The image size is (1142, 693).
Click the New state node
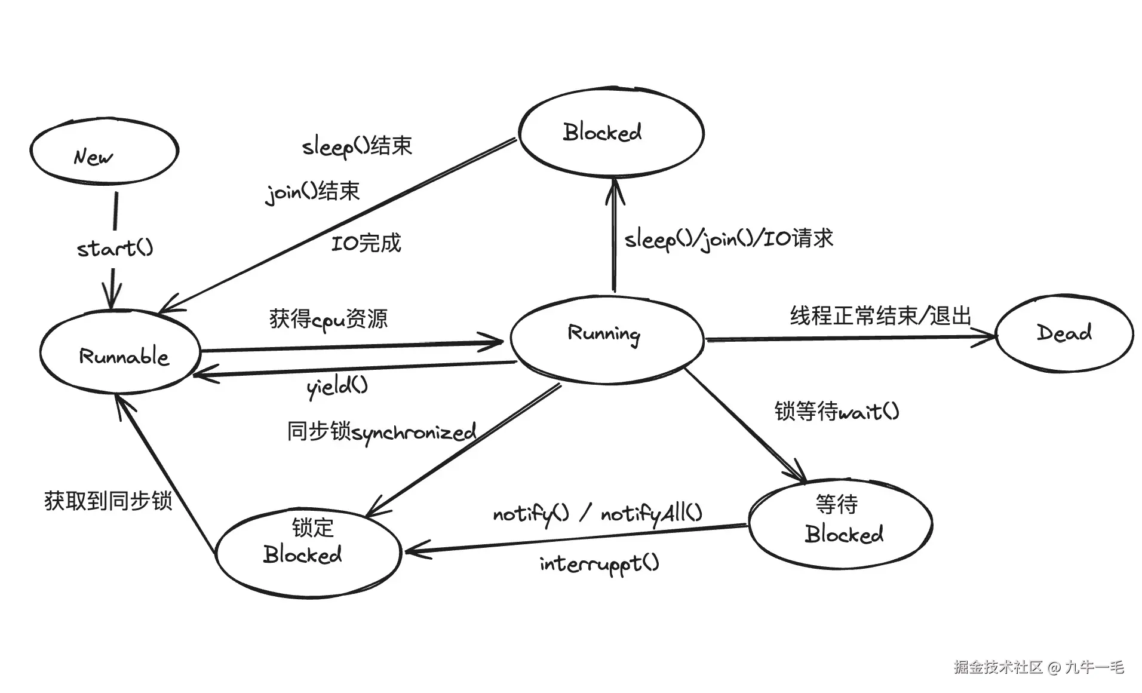point(104,151)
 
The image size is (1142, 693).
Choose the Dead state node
point(1064,333)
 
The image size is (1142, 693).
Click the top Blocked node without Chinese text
point(610,132)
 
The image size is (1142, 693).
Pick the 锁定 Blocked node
point(307,553)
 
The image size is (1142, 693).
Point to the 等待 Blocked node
point(840,523)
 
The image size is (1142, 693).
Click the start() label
point(115,247)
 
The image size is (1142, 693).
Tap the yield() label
point(337,387)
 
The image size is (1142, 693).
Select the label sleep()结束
point(357,145)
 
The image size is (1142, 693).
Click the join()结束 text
point(312,192)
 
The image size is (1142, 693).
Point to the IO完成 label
point(366,243)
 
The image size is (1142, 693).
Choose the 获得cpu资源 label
point(329,318)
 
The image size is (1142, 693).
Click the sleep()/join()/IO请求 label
point(728,239)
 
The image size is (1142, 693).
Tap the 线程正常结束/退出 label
point(880,315)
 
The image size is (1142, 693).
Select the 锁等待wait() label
point(836,411)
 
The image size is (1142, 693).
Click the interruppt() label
point(599,563)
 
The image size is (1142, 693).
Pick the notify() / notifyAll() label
point(597,513)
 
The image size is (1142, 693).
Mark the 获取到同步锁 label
point(108,501)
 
